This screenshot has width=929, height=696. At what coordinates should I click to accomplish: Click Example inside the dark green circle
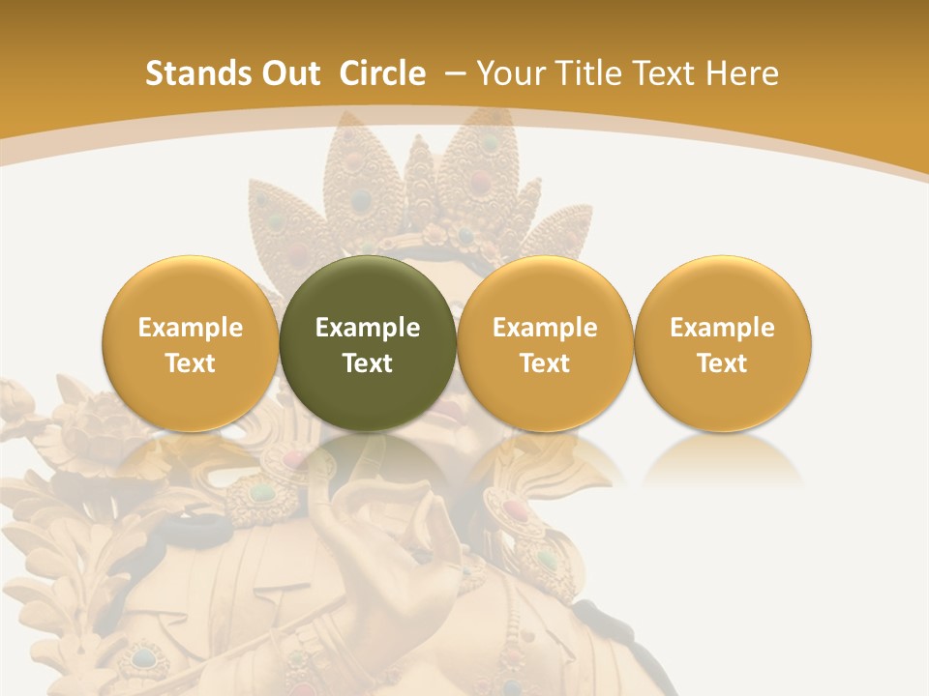tap(368, 328)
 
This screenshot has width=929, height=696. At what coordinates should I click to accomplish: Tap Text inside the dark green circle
tap(368, 363)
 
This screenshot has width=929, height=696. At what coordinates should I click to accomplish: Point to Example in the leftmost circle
tap(190, 328)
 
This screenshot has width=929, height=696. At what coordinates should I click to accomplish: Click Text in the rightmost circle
tap(723, 363)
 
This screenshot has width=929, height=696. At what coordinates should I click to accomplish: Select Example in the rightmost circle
tap(723, 328)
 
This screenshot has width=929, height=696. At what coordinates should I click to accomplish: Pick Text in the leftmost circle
tap(190, 363)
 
